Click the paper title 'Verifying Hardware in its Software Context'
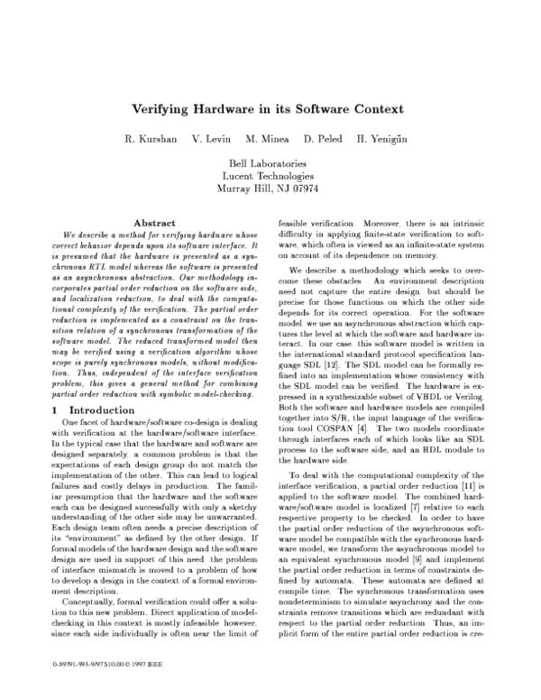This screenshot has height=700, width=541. tap(270, 107)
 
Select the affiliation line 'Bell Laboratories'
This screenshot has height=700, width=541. tap(270, 162)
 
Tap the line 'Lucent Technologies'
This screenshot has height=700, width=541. tap(270, 175)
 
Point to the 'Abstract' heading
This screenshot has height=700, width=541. tap(153, 222)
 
